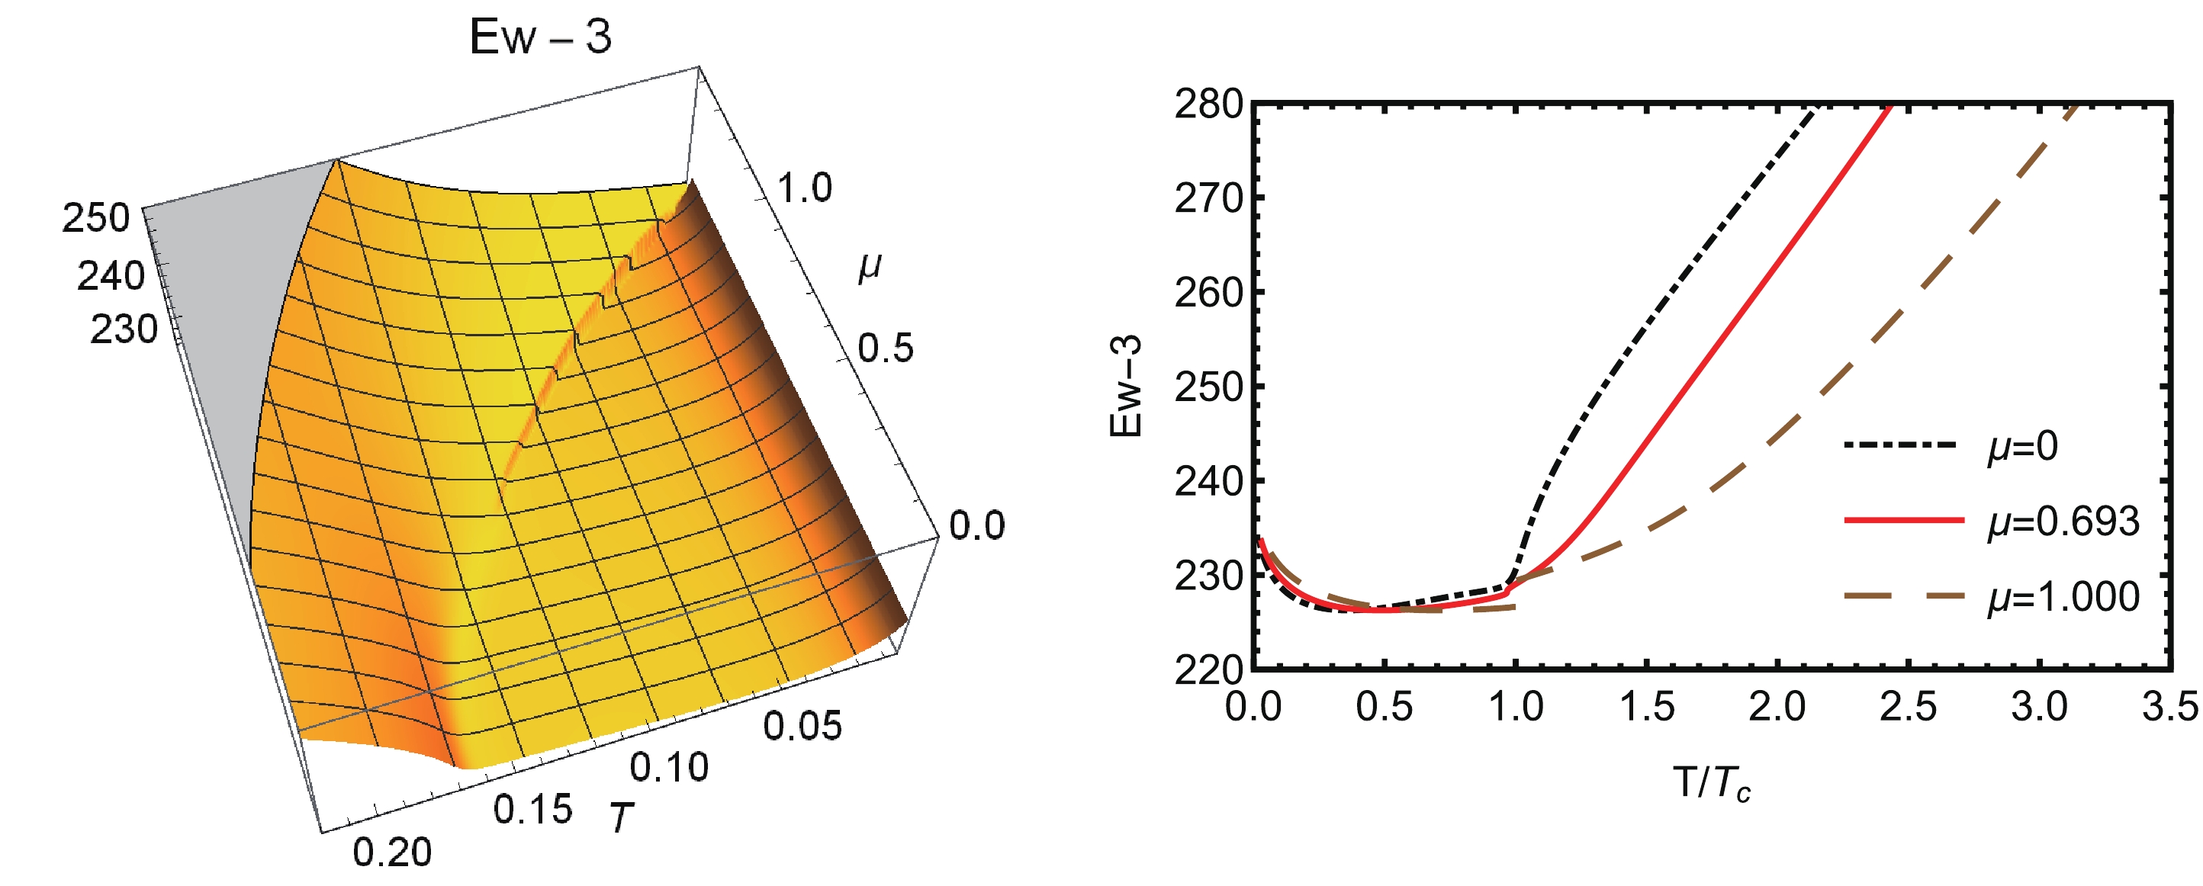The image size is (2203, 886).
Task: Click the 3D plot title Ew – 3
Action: tap(541, 37)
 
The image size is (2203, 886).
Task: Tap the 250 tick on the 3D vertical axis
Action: tap(96, 218)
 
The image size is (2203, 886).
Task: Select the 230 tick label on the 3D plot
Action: tap(124, 329)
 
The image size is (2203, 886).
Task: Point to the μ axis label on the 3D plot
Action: tap(870, 267)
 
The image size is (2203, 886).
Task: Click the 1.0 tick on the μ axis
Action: tap(804, 188)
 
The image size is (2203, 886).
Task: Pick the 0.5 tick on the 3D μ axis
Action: tap(885, 348)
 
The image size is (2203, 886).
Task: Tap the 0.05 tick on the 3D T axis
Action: tap(802, 726)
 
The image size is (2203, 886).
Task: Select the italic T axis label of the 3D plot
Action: tap(620, 817)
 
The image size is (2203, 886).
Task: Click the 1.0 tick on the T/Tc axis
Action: tap(1516, 708)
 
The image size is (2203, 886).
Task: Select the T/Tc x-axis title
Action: tap(1710, 783)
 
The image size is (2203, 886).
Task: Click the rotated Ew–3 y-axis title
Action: tap(1125, 387)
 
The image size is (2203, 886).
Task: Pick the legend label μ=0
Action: tap(2021, 446)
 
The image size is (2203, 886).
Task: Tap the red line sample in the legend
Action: tap(1902, 520)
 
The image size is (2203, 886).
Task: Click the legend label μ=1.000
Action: tap(2062, 596)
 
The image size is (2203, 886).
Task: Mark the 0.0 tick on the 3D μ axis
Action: tap(976, 525)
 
